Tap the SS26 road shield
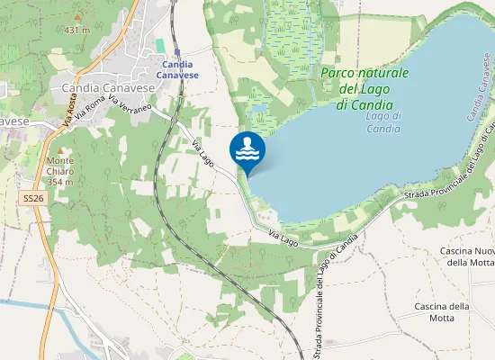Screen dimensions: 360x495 point(32,196)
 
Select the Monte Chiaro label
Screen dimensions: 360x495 point(60,171)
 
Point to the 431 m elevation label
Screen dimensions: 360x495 point(77,30)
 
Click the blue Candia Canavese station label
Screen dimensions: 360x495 point(177,69)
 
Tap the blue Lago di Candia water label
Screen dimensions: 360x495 point(383,122)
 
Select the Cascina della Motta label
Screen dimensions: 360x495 point(442,312)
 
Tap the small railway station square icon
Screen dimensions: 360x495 point(177,52)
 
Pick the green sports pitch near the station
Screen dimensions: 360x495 point(160,45)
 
